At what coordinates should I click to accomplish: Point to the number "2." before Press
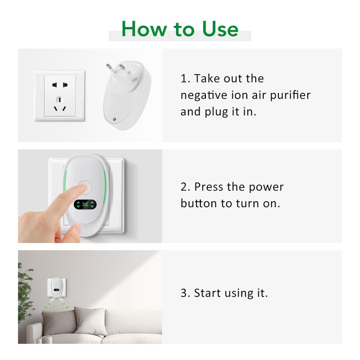pyautogui.click(x=185, y=187)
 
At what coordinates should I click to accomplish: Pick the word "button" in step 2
pyautogui.click(x=199, y=203)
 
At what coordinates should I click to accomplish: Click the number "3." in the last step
pyautogui.click(x=185, y=293)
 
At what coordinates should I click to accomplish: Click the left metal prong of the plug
pyautogui.click(x=108, y=68)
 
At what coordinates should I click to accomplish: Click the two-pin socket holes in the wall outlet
pyautogui.click(x=60, y=85)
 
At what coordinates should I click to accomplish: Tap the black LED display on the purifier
pyautogui.click(x=85, y=205)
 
